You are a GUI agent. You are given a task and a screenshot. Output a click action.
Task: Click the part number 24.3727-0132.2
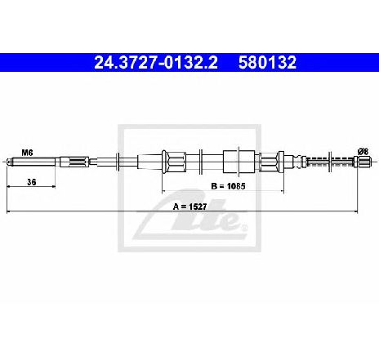(156, 62)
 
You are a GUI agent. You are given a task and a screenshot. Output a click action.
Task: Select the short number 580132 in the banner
(267, 62)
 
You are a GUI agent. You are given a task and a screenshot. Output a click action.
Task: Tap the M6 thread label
(27, 153)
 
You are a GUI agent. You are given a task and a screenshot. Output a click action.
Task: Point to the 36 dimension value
(32, 182)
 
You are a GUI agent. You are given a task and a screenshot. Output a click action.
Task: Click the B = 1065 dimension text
(228, 186)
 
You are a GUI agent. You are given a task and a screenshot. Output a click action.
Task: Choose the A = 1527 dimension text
(190, 207)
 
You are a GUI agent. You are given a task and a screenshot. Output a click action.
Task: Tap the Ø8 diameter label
(363, 151)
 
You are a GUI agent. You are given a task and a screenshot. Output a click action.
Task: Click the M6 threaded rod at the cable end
(31, 162)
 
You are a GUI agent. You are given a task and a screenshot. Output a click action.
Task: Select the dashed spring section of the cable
(330, 162)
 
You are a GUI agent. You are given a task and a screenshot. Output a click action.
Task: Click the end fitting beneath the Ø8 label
(363, 162)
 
